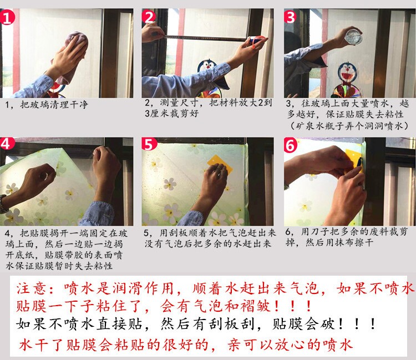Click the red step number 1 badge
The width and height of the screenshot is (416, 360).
point(7,17)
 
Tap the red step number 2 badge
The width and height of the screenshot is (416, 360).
point(149,17)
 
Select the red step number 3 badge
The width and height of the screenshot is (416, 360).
point(290,17)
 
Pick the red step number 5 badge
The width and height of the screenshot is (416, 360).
point(149,144)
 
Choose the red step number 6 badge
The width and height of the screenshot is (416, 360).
point(291,145)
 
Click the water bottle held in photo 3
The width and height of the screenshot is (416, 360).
point(353,37)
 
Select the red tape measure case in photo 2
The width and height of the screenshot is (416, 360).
point(256,40)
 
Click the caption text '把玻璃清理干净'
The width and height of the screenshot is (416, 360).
point(54,104)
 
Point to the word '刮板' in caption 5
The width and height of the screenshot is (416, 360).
point(174,232)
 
